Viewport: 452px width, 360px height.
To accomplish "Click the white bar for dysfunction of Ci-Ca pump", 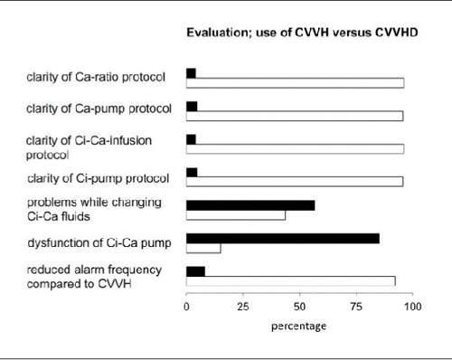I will [203, 249].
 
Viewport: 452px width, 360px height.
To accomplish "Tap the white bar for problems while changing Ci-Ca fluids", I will [236, 215].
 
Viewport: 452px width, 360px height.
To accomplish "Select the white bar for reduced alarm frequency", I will [290, 280].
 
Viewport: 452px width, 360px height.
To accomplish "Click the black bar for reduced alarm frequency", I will [195, 270].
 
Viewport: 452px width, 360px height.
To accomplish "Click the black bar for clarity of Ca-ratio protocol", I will [191, 72].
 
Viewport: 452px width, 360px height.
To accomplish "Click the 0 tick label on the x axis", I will [186, 307].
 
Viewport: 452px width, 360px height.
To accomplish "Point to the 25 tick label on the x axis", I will [242, 307].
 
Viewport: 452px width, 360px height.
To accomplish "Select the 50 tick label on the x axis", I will [299, 307].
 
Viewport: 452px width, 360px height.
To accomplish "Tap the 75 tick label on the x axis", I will [356, 307].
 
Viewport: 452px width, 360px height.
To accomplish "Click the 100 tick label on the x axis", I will [413, 307].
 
